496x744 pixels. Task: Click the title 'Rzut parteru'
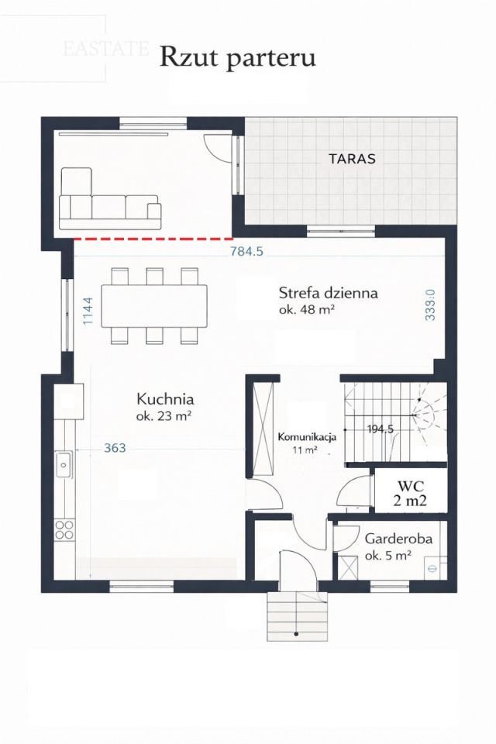point(238,57)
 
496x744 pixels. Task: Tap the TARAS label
point(352,159)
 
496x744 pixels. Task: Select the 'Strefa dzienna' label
point(328,293)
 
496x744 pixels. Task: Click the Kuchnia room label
point(164,400)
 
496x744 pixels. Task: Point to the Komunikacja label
point(307,437)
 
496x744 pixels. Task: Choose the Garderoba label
point(398,538)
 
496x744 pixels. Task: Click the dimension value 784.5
point(247,251)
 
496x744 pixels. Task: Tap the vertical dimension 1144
point(88,311)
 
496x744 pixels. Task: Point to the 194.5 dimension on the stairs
point(381,429)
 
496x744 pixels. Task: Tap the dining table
point(155,305)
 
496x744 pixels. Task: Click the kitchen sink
point(64,465)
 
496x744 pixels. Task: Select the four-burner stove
point(64,530)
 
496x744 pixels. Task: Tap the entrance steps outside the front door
point(296,616)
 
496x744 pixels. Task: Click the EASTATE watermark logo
point(106,49)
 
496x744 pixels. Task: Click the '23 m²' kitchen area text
point(164,416)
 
